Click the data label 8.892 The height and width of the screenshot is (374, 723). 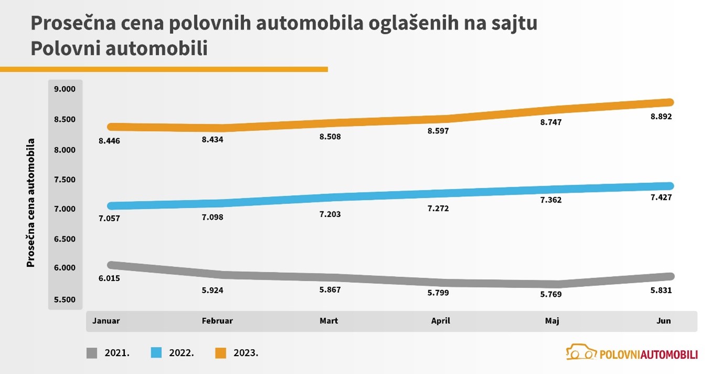tap(661, 116)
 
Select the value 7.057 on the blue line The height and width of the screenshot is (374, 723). tap(109, 218)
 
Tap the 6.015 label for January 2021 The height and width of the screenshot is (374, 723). tap(109, 278)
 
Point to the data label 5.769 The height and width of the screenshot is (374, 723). tap(551, 294)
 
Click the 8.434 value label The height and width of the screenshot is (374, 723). tap(212, 140)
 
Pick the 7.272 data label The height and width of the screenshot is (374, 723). tap(438, 208)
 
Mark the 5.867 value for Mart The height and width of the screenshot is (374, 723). tap(329, 290)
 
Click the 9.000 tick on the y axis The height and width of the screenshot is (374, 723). tap(65, 89)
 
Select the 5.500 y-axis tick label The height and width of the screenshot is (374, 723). tap(65, 300)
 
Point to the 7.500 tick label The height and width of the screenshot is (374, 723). tap(65, 179)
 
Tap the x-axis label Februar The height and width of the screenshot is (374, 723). tap(217, 321)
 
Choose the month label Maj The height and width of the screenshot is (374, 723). tap(552, 321)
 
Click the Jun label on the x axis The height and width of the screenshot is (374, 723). tap(663, 321)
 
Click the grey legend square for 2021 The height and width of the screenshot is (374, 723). tap(92, 353)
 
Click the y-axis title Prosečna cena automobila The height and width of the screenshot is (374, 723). tap(31, 202)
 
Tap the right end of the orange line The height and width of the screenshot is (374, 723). tap(670, 102)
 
